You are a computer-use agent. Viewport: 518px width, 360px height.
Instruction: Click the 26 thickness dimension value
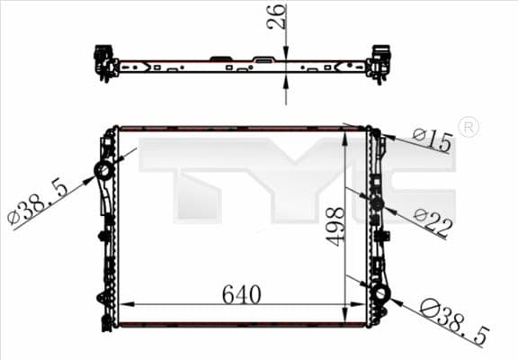(278, 16)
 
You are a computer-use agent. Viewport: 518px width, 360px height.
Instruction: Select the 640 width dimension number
(242, 294)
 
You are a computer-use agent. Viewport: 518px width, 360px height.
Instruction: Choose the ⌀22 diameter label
(433, 220)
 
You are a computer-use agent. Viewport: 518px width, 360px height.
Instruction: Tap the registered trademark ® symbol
(468, 128)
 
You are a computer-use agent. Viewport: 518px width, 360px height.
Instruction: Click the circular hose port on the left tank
(104, 170)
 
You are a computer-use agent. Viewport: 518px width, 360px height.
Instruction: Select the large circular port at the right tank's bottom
(380, 294)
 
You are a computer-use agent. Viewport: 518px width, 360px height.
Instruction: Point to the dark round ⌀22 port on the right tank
(377, 204)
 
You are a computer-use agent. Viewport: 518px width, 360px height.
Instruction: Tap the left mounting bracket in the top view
(104, 62)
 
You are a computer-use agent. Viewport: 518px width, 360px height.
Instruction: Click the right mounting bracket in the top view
(380, 62)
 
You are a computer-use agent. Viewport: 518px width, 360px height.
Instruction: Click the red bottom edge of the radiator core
(242, 324)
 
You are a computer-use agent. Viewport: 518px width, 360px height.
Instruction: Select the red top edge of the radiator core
(242, 129)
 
